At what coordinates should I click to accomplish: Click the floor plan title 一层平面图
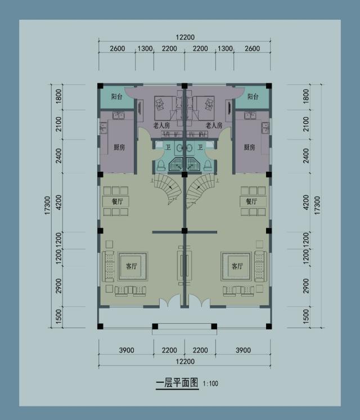tap(177, 383)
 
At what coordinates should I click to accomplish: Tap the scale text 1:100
tap(210, 383)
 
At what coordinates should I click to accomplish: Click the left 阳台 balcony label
tap(116, 96)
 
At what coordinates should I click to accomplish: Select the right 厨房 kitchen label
tap(249, 147)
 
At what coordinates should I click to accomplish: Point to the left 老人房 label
tap(161, 125)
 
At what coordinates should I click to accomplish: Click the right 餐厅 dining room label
tap(251, 201)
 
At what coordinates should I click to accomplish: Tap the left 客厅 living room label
tap(132, 266)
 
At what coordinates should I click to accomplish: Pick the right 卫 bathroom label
tap(200, 147)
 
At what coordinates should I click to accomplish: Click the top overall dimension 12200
tap(185, 37)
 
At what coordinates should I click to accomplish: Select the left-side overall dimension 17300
tap(47, 205)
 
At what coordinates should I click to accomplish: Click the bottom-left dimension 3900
tap(127, 350)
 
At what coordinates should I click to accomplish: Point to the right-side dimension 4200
tap(306, 203)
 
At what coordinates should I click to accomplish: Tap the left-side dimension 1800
tap(58, 97)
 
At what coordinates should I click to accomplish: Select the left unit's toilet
tap(161, 165)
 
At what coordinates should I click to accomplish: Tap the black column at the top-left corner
tap(100, 86)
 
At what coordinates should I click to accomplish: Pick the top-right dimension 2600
tap(252, 48)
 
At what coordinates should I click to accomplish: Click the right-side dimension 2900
tap(306, 286)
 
